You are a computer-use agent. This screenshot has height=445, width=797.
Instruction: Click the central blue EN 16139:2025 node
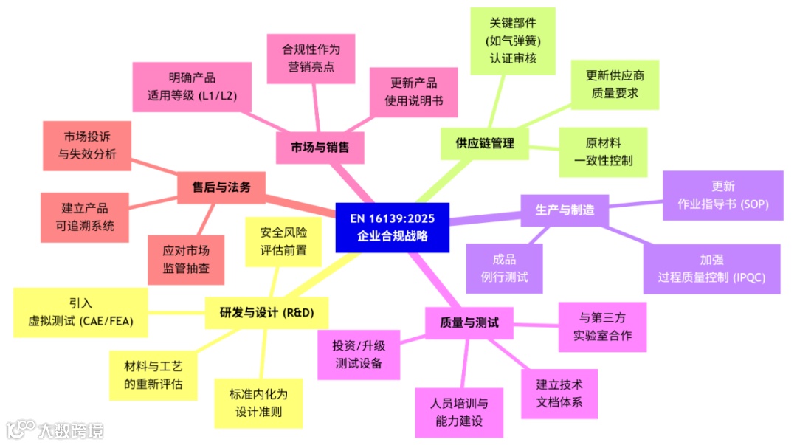pyautogui.click(x=392, y=227)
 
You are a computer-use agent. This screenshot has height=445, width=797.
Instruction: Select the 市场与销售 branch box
pyautogui.click(x=320, y=147)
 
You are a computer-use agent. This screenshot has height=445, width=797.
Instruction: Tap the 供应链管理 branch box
pyautogui.click(x=484, y=143)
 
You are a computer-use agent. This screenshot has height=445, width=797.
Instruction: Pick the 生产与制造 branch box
pyautogui.click(x=565, y=210)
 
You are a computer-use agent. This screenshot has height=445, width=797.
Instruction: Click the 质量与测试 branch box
pyautogui.click(x=469, y=322)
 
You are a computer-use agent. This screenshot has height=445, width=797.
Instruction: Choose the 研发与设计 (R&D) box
pyautogui.click(x=266, y=312)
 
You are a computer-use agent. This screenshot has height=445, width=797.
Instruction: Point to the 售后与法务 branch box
pyautogui.click(x=221, y=187)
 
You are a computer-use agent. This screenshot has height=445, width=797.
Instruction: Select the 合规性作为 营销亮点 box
pyautogui.click(x=311, y=58)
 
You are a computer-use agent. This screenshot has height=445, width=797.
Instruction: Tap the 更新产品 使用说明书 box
pyautogui.click(x=413, y=92)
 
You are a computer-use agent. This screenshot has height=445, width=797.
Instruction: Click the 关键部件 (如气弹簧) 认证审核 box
pyautogui.click(x=512, y=40)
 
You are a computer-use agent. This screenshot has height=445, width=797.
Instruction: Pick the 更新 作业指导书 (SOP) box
pyautogui.click(x=722, y=196)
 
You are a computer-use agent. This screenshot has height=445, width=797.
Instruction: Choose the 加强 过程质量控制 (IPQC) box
pyautogui.click(x=711, y=269)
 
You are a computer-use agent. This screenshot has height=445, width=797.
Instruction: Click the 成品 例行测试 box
pyautogui.click(x=504, y=269)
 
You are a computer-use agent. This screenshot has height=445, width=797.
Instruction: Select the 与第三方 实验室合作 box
pyautogui.click(x=602, y=327)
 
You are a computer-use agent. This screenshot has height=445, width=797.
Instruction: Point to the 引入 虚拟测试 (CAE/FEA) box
pyautogui.click(x=80, y=312)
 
